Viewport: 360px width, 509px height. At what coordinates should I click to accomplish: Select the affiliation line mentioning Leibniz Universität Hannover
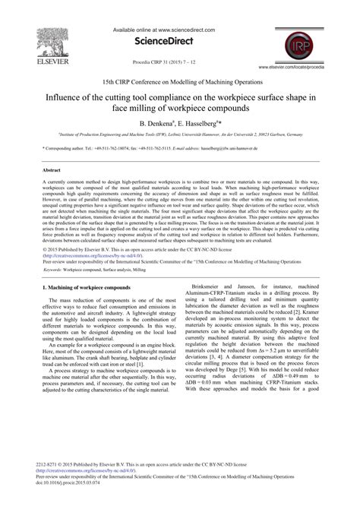tap(180, 134)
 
